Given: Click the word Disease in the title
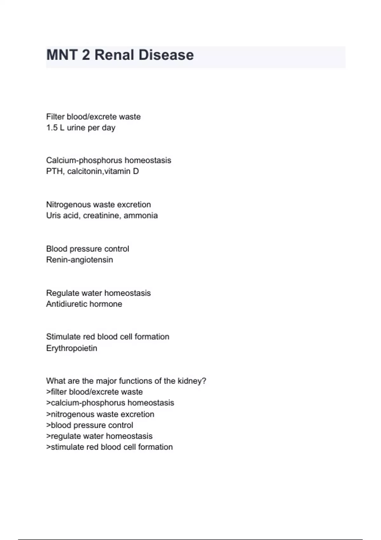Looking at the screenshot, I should pyautogui.click(x=166, y=55).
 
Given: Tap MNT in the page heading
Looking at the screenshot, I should pyautogui.click(x=62, y=55).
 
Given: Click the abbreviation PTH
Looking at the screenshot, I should pyautogui.click(x=54, y=172).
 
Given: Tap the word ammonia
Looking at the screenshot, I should pyautogui.click(x=141, y=216).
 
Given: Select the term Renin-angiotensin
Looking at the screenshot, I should pyautogui.click(x=79, y=260).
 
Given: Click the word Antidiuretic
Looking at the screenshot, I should pyautogui.click(x=65, y=304).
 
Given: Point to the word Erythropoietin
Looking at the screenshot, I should pyautogui.click(x=71, y=348).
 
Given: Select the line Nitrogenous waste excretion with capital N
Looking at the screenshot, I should pyautogui.click(x=98, y=205).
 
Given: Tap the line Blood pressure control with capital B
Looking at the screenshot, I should pyautogui.click(x=88, y=249).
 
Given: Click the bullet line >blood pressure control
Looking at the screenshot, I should pyautogui.click(x=90, y=425).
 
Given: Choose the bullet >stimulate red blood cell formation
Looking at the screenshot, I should pyautogui.click(x=110, y=447).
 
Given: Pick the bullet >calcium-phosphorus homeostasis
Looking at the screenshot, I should pyautogui.click(x=110, y=403).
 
